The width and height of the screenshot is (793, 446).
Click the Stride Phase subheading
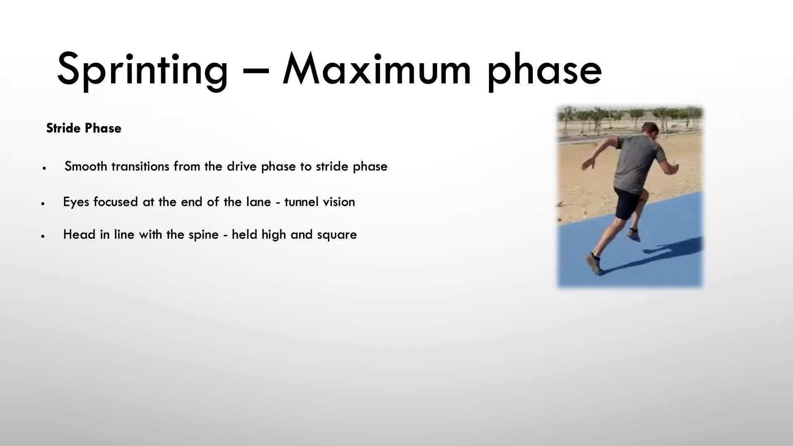coord(84,128)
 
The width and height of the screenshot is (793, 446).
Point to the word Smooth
coord(86,166)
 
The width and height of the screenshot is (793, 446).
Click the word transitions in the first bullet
coord(140,166)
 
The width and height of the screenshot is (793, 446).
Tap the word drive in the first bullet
coord(242,166)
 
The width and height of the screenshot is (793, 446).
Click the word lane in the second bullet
coord(259,202)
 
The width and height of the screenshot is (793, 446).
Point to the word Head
coord(79,235)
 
